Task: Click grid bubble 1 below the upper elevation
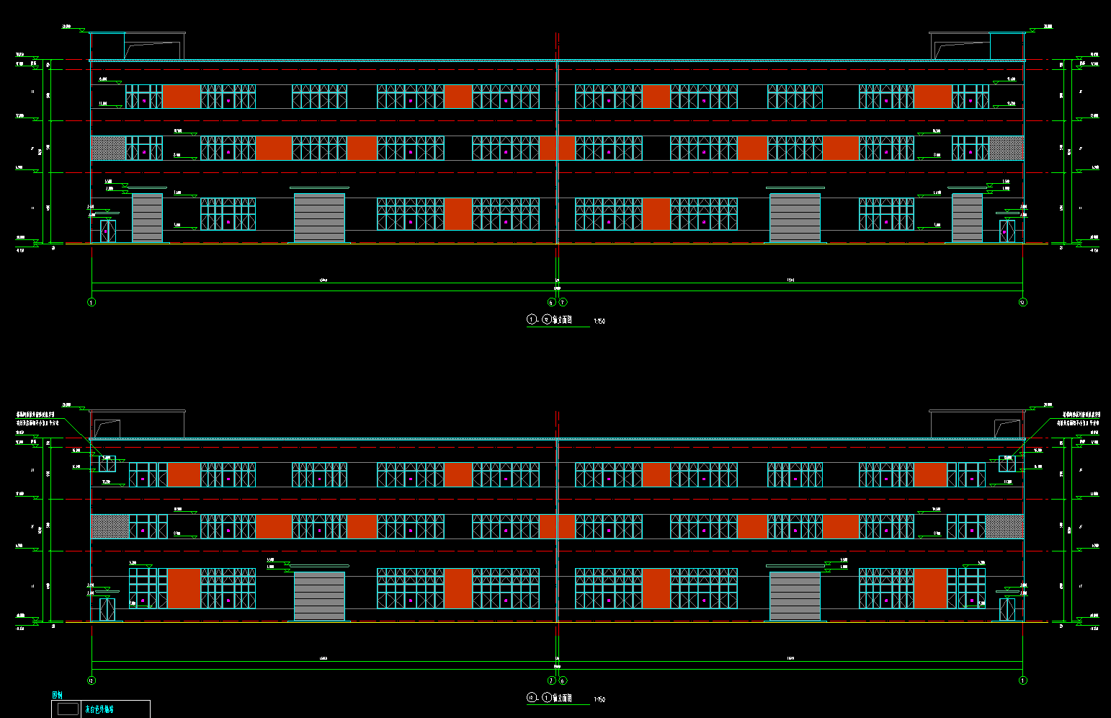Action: click(92, 302)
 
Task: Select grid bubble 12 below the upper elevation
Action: click(1022, 302)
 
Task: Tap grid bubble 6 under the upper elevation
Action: click(552, 302)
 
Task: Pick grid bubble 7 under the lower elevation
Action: click(552, 681)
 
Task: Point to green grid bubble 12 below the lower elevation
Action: click(92, 681)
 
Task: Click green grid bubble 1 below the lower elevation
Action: click(1022, 681)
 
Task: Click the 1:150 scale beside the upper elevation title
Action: click(599, 322)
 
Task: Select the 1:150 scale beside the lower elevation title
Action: click(599, 699)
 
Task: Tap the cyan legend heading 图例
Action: click(58, 695)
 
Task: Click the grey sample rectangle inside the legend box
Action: click(68, 709)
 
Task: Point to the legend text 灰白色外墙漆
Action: click(99, 709)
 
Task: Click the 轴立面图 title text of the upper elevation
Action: click(562, 320)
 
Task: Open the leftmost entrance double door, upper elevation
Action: click(108, 231)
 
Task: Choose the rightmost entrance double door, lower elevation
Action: click(1007, 609)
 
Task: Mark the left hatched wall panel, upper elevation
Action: click(108, 149)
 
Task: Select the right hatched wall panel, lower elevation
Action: click(1004, 527)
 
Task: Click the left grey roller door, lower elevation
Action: click(319, 595)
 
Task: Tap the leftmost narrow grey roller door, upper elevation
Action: click(147, 218)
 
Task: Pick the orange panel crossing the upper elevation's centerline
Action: click(557, 149)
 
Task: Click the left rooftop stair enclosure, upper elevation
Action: click(153, 47)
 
